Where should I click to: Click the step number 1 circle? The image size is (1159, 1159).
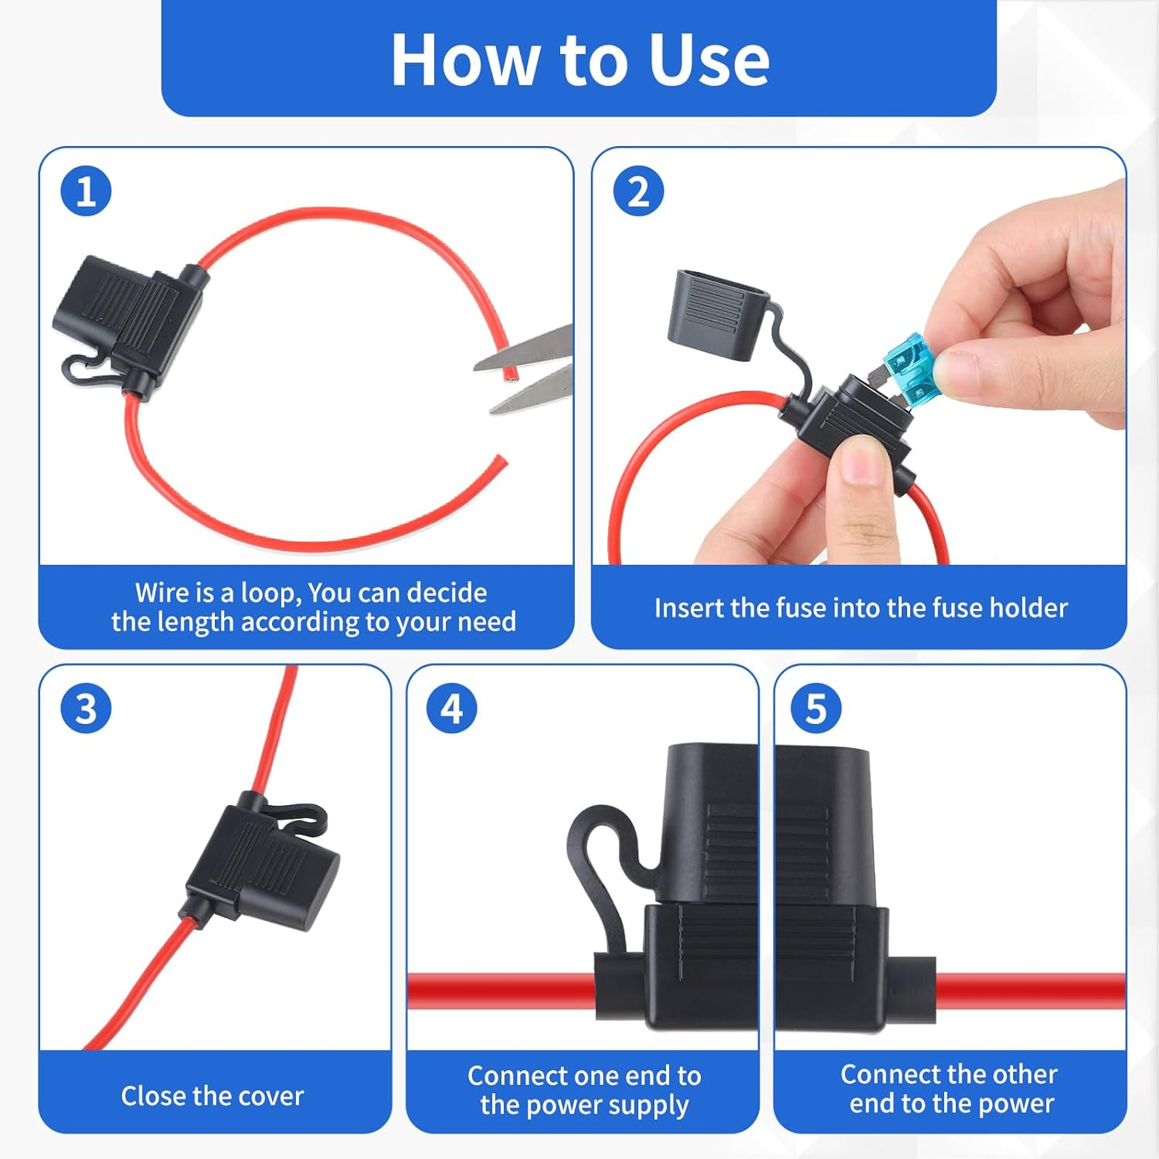[x=86, y=191]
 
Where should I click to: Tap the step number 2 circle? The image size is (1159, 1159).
[x=638, y=191]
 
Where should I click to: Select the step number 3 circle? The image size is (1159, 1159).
[x=86, y=709]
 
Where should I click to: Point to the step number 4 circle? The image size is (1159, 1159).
[x=452, y=709]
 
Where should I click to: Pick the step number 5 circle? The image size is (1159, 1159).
[x=816, y=709]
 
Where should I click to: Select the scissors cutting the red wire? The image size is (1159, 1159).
[x=525, y=369]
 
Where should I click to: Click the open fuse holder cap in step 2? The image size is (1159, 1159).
[x=715, y=313]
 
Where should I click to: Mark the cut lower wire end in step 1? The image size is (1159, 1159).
[x=502, y=461]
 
